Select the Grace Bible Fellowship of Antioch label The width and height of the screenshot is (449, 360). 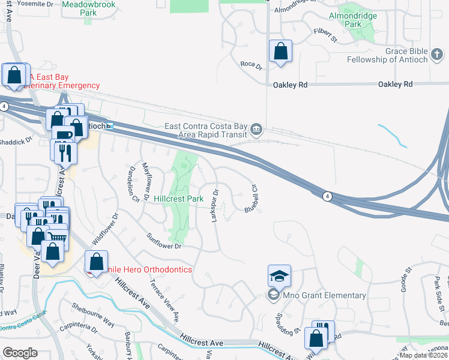[x=396, y=55]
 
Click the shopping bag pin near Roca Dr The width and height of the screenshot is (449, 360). [x=280, y=52]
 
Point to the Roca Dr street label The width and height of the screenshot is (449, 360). [x=251, y=64]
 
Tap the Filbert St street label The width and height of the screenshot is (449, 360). [x=325, y=37]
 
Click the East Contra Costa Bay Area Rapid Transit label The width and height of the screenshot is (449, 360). [x=206, y=130]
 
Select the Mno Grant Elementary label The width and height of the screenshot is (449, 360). [x=324, y=295]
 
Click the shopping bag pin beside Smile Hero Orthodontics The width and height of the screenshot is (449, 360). [x=96, y=262]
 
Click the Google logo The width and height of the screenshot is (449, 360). [x=20, y=352]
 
